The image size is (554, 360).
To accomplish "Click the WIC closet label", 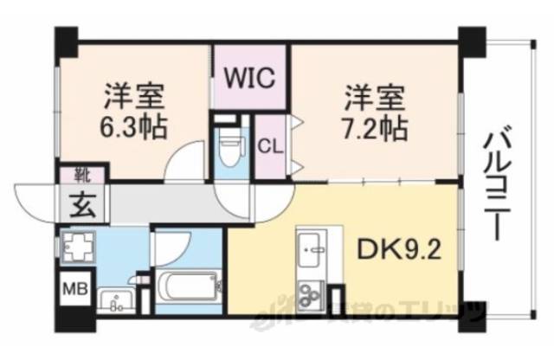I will pos(250,76).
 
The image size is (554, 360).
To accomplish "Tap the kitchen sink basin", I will pos(311,252).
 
